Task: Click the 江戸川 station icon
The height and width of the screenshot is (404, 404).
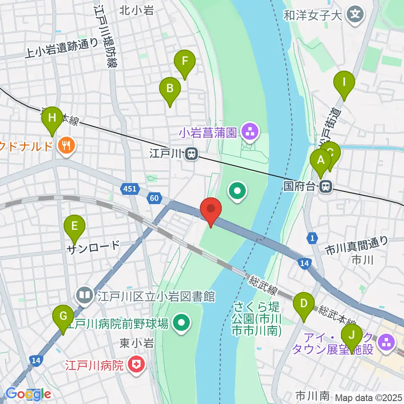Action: coord(191,154)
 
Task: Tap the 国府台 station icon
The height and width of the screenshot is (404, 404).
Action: coord(325,186)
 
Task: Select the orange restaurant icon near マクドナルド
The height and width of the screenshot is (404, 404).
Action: coord(66,146)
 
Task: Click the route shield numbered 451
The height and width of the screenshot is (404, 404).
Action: coord(130,189)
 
